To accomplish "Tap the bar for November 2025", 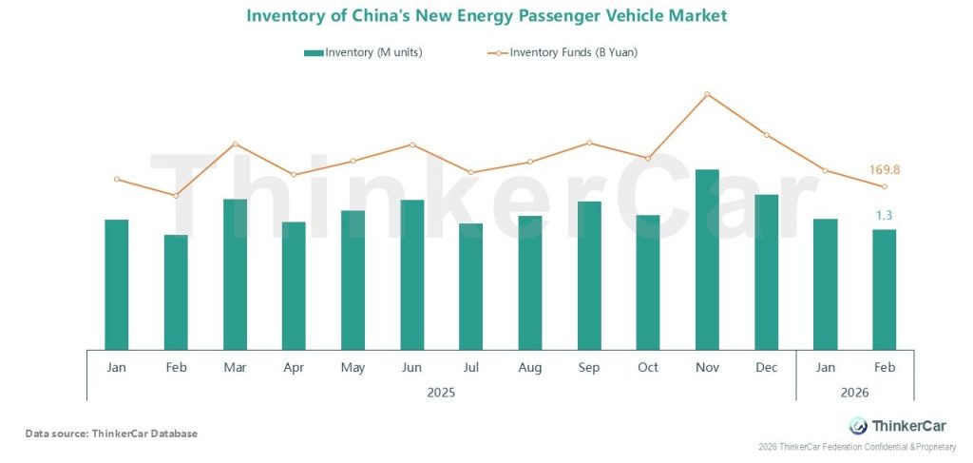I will (707, 259).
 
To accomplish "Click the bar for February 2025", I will (176, 291).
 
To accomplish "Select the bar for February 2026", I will (884, 288).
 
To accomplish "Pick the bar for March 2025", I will (235, 274).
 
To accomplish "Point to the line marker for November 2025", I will (707, 94).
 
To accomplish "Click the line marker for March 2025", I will (235, 144).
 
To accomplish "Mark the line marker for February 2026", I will (884, 186).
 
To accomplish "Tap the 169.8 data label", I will (884, 170).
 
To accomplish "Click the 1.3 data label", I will (884, 216).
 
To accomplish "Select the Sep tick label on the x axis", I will (589, 368).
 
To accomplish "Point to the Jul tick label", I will (470, 368).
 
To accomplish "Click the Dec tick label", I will (766, 368).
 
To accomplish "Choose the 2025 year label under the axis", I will (441, 391).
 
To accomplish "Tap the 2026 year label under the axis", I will (854, 391).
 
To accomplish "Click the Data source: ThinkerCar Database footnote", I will (111, 434).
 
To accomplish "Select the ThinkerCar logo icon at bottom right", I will (857, 426).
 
